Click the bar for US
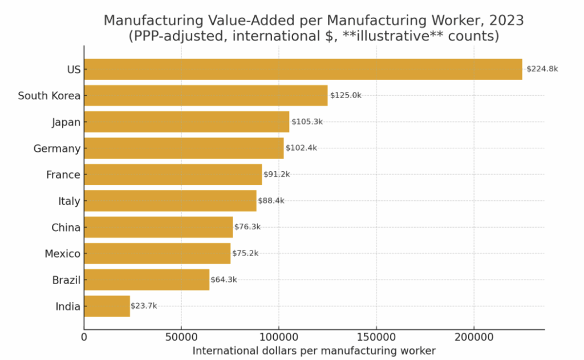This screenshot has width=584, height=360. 303,69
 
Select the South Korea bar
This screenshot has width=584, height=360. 206,95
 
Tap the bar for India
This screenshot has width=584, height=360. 107,306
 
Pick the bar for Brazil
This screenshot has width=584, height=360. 147,280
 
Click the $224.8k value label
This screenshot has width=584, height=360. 542,69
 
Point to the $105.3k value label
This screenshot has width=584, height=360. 307,122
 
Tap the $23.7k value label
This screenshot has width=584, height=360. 144,306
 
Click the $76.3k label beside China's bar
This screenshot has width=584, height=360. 248,226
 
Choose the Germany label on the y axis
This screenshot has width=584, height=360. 57,148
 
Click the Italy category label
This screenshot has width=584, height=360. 69,201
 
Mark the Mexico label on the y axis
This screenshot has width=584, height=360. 63,253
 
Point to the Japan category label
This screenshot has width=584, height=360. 66,122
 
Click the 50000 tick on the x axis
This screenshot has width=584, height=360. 181,338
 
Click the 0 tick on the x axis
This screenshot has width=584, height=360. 84,338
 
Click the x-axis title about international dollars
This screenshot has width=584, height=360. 314,350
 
